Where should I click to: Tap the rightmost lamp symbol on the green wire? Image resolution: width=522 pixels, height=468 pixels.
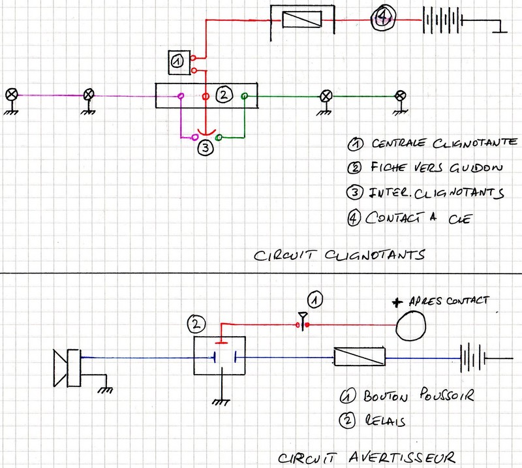click(x=401, y=96)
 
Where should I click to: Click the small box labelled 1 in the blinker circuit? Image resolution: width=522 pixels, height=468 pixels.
click(x=178, y=61)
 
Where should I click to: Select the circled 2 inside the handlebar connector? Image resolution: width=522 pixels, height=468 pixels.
click(x=223, y=95)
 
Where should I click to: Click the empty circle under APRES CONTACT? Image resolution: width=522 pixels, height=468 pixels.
click(x=410, y=323)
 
